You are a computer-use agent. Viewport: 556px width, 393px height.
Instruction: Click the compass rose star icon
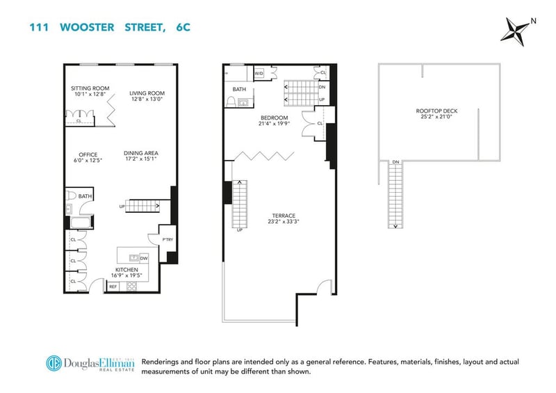[517, 31]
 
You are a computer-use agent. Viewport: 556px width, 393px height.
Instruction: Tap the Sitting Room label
[90, 88]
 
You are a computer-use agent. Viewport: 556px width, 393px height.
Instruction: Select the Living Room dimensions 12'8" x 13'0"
[147, 99]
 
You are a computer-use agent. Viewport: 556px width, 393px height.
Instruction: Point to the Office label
[88, 155]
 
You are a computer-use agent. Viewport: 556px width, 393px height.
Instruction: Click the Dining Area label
[141, 153]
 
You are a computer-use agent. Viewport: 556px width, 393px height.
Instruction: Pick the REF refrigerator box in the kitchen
[113, 287]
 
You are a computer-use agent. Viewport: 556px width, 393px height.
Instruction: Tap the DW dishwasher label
[144, 259]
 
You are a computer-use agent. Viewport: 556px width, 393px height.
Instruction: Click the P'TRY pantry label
[167, 240]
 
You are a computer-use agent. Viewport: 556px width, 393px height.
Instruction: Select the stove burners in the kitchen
[131, 286]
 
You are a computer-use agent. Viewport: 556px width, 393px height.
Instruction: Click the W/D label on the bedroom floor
[259, 74]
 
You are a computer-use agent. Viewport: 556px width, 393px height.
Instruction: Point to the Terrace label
[284, 216]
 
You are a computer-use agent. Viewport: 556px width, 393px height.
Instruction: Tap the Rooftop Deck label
[437, 111]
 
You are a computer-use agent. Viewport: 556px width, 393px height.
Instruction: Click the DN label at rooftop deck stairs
[395, 162]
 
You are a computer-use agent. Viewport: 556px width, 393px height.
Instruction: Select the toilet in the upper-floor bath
[231, 102]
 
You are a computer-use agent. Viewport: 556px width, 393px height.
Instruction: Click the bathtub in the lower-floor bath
[81, 223]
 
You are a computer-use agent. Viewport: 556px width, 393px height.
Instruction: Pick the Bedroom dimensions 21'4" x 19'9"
[275, 124]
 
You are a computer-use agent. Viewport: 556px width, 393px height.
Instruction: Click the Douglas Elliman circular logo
[54, 363]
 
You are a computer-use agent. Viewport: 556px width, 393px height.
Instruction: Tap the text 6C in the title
[183, 27]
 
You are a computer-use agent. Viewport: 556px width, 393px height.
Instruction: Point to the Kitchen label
[126, 270]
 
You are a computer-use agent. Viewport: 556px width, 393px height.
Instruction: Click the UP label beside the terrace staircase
[240, 230]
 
